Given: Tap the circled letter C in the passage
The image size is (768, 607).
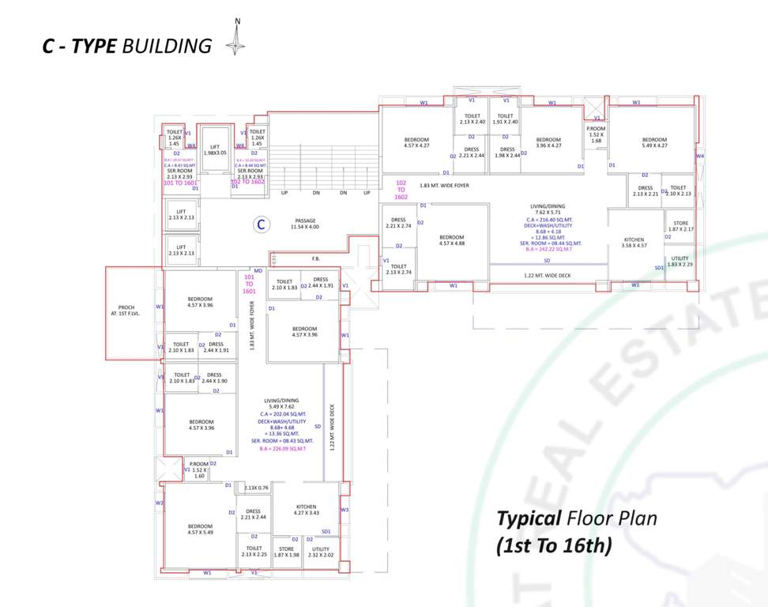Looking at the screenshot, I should pos(260,224).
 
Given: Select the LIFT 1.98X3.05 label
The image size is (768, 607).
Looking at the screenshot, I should pos(215,149).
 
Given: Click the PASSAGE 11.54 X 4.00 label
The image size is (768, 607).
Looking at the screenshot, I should pos(305,224).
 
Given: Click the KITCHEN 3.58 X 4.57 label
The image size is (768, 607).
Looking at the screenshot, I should pos(634,243).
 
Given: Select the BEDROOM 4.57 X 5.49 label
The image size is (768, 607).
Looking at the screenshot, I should pos(200,530).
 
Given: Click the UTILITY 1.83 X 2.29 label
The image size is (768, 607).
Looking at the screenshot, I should pos(680,262).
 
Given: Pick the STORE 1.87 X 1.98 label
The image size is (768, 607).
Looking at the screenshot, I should pos(286,552).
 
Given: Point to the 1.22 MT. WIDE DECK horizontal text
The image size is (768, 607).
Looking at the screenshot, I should pos(548,276).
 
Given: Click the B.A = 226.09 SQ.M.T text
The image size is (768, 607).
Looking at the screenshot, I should pos(287,447).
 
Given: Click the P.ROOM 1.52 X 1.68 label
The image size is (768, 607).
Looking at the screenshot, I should pos(596,134).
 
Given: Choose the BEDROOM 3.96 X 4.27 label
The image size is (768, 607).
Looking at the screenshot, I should pos(548,142).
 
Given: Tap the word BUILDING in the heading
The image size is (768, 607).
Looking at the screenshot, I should pos(167,46).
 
